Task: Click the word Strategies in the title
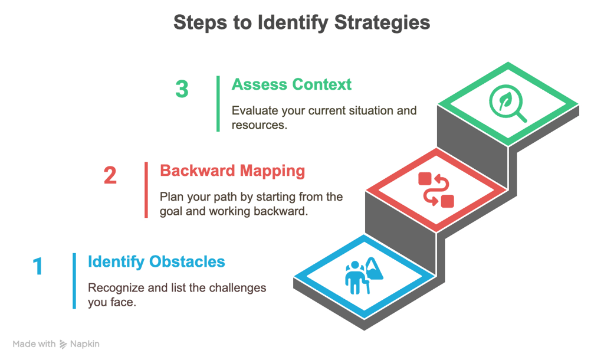382,23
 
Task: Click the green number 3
182,89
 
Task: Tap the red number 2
110,175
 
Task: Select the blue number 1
38,266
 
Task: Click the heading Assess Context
291,84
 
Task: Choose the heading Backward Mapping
232,171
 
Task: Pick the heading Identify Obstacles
156,261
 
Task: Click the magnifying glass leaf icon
508,103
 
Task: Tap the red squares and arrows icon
436,190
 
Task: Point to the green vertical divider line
218,104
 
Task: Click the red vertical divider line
146,190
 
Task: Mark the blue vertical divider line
74,281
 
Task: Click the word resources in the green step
260,125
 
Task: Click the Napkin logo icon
63,344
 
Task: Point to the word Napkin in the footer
85,344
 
